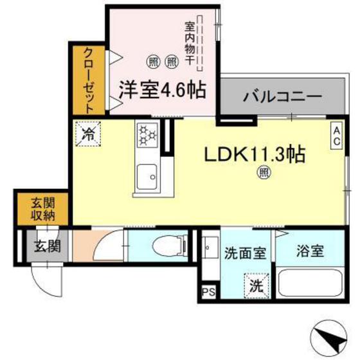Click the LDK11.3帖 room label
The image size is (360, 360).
click(x=254, y=155)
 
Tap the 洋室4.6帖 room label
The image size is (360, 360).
click(x=162, y=90)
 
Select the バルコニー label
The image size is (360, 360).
click(x=282, y=98)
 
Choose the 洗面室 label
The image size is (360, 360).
click(x=244, y=252)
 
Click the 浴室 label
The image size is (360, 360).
click(x=310, y=251)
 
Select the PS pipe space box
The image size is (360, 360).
click(x=207, y=291)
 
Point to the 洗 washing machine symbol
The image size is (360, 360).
click(x=255, y=283)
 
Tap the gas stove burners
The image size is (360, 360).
click(x=146, y=134)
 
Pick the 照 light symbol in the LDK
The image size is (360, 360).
click(x=263, y=172)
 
